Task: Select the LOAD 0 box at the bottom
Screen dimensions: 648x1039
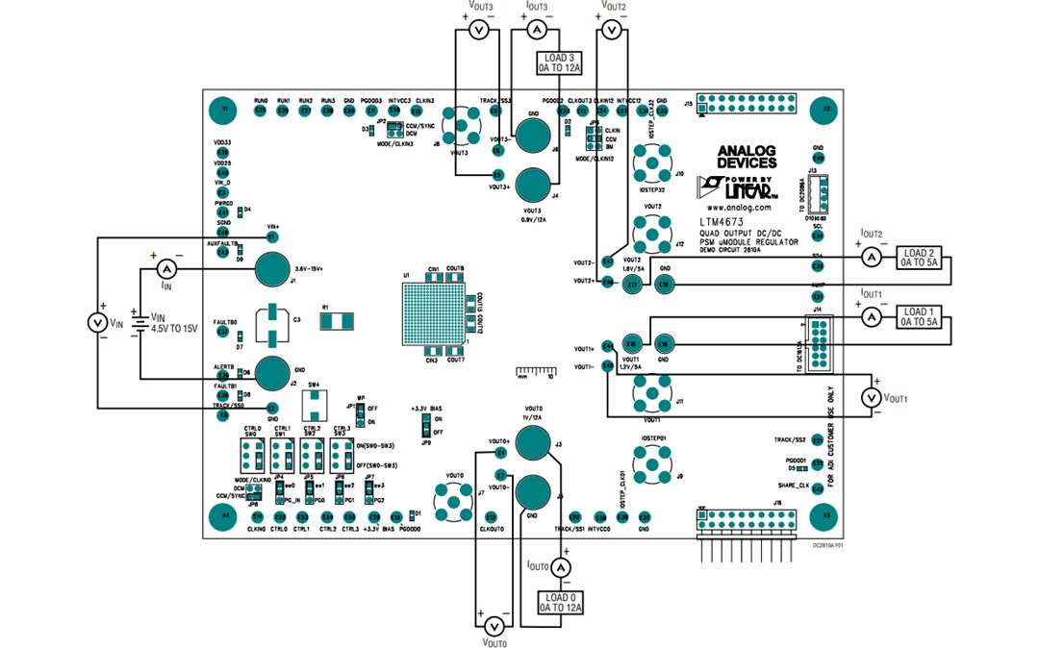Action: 560,602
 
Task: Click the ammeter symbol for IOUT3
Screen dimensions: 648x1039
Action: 537,31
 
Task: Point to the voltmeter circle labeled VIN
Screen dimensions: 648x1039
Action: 98,323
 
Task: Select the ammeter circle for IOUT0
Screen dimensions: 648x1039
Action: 566,569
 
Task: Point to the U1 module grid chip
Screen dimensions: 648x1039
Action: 430,312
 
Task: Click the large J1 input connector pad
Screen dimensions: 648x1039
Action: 273,269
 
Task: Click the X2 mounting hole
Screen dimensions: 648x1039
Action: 824,109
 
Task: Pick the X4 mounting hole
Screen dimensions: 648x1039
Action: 225,514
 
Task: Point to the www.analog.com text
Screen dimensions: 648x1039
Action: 738,207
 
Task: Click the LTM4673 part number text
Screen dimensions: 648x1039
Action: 727,222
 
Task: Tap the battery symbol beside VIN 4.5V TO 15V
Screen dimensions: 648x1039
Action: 140,323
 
